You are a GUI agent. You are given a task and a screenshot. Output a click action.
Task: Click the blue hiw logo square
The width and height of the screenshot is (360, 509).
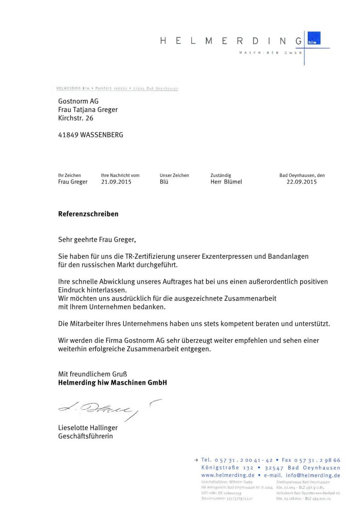tap(314, 39)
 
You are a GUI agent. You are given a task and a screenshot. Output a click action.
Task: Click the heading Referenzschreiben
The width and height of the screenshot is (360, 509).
tap(88, 214)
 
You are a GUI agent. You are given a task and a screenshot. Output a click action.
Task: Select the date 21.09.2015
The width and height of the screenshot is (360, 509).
tap(116, 182)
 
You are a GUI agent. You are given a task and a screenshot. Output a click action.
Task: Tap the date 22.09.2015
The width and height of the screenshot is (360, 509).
tap(302, 182)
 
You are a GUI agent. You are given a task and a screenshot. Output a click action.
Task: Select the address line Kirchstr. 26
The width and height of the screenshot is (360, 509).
tap(76, 118)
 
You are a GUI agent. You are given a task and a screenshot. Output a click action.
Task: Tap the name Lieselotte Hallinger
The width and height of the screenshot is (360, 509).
tap(88, 428)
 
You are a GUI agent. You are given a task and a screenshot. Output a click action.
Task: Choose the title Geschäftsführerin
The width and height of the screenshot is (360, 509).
tap(86, 436)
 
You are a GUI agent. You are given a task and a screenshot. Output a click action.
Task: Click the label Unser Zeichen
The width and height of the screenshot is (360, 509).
tap(174, 175)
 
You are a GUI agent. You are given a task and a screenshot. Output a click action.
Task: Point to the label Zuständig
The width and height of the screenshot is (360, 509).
tap(221, 175)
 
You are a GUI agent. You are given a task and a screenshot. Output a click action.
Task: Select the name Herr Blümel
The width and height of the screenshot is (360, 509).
tap(226, 182)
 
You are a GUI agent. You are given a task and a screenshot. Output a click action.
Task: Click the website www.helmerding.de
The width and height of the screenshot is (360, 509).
tap(228, 475)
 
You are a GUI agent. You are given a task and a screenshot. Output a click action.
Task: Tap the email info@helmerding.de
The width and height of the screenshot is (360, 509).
tap(313, 475)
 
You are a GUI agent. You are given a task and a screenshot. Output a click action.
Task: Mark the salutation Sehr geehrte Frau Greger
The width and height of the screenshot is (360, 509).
tap(97, 240)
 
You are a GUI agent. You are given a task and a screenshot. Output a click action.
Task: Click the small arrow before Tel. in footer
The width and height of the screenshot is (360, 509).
tap(196, 460)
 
